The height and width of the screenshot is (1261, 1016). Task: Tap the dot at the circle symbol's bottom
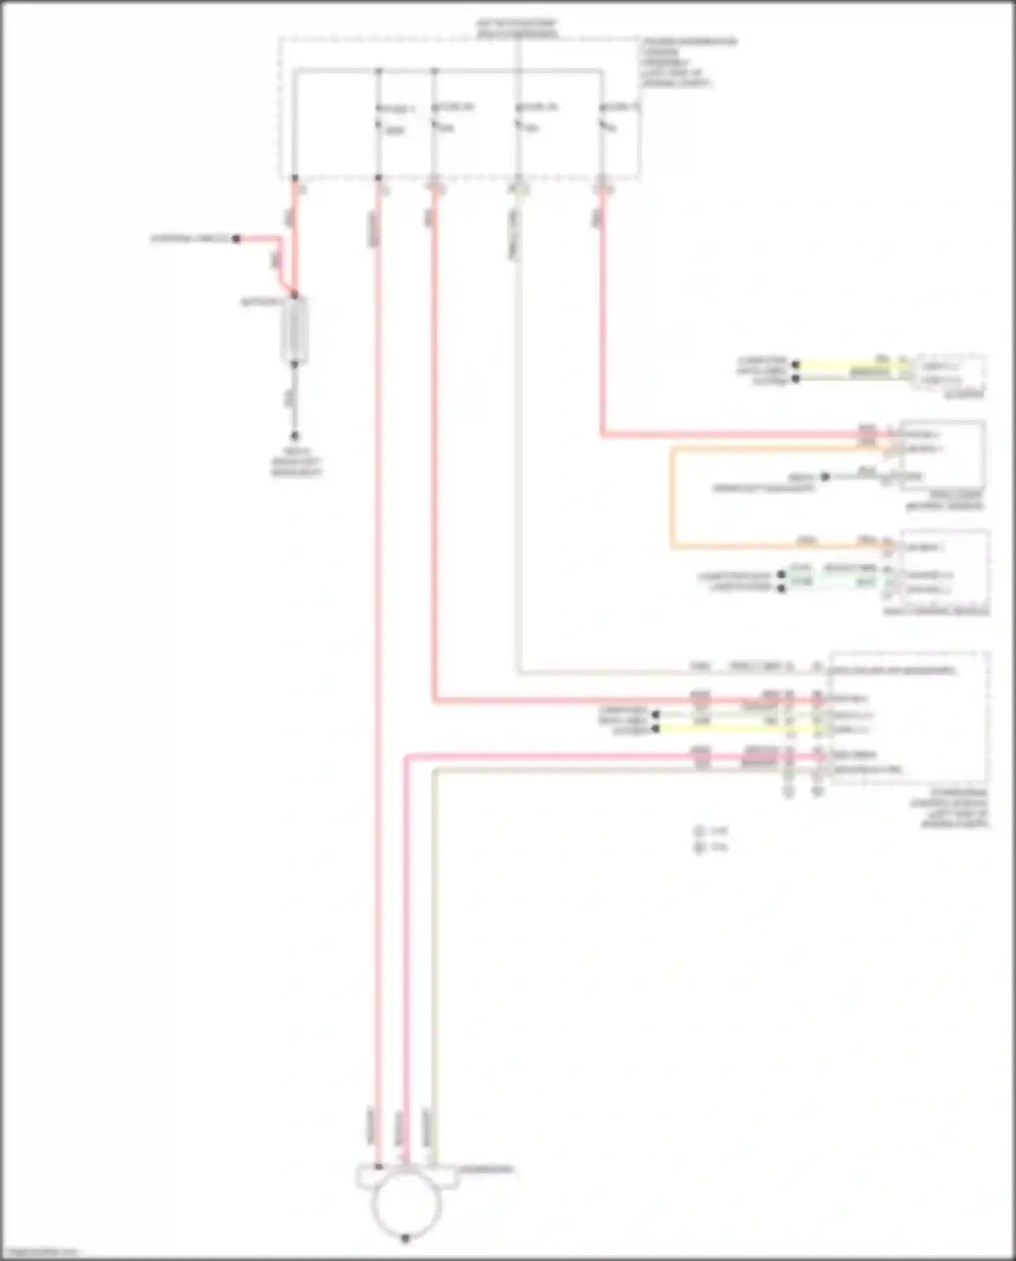405,1239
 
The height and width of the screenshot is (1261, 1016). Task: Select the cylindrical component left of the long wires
295,330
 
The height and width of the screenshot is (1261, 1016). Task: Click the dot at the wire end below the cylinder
295,436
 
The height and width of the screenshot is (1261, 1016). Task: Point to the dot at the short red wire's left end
236,239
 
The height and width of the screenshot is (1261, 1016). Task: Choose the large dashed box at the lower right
909,718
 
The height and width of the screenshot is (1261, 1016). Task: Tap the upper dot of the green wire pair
781,575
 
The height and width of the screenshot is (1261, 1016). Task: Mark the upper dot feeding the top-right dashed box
796,365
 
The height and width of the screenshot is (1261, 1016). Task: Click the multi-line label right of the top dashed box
687,62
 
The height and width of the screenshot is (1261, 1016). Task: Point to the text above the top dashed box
517,28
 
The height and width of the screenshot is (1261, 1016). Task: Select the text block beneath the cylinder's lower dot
296,462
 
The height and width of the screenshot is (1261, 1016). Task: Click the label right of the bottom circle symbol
486,1170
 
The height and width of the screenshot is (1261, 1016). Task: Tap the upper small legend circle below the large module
699,831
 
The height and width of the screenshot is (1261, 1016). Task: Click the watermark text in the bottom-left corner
41,1252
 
